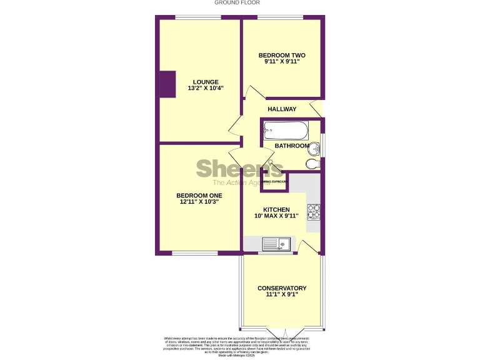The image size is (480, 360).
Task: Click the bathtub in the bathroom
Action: (x=285, y=131)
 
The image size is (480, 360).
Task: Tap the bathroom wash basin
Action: (x=316, y=148)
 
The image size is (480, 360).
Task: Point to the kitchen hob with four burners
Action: (x=313, y=212)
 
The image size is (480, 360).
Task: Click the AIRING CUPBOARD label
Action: (x=274, y=182)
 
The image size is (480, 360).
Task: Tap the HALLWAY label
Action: (x=282, y=109)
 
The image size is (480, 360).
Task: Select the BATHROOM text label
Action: (x=292, y=146)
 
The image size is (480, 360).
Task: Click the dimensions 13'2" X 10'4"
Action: (x=206, y=89)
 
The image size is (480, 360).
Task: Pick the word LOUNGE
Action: (x=206, y=82)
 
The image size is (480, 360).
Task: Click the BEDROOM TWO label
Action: (x=282, y=55)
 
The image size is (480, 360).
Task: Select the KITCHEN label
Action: (x=276, y=209)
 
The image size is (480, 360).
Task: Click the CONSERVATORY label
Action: (x=282, y=288)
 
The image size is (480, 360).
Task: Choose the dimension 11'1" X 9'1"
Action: (x=282, y=295)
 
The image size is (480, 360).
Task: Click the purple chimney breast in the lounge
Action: (x=167, y=84)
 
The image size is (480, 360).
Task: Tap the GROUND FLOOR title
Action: (x=232, y=2)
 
